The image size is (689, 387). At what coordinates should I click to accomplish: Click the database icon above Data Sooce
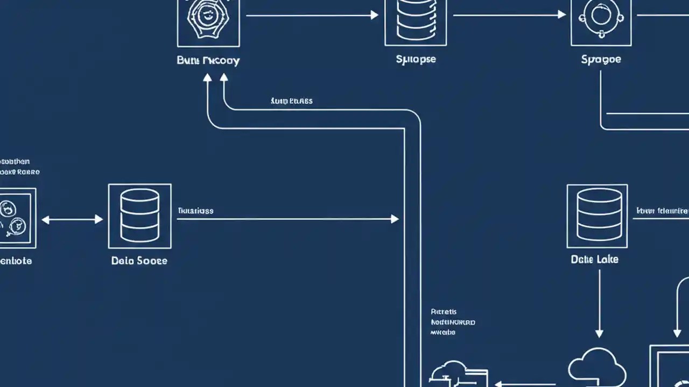139,216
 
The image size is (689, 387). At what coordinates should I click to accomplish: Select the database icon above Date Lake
597,216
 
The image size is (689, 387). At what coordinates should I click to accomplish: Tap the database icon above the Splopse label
415,20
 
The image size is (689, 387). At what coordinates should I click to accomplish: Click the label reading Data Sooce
139,261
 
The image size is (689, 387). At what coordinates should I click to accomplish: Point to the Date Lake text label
594,259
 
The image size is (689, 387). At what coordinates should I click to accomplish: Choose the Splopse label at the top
416,59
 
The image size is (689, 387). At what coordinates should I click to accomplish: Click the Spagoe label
601,59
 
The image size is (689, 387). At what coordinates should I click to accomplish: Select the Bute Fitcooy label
208,60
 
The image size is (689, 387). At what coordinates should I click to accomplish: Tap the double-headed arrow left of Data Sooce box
72,219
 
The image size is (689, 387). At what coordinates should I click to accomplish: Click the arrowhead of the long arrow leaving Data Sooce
395,219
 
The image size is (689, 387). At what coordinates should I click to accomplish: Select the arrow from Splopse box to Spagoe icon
509,15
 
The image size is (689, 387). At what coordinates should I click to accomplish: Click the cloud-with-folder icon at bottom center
458,374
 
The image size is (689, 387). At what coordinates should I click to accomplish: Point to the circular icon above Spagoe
601,17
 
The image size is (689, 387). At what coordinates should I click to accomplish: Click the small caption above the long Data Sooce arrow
195,211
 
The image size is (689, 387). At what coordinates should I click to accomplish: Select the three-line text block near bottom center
453,322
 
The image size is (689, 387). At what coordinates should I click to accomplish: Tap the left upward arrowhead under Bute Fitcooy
207,77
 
